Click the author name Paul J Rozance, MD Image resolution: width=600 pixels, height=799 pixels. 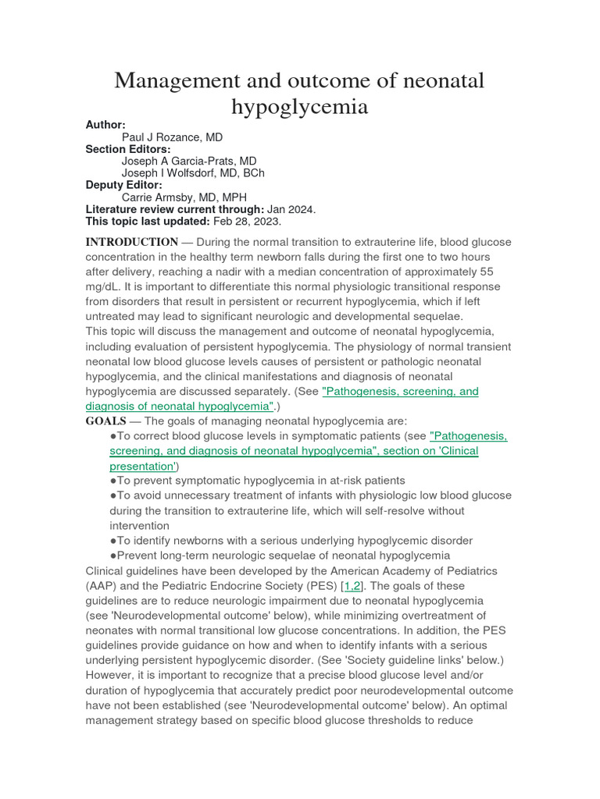click(172, 137)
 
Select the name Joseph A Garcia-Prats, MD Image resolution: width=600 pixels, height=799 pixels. click(189, 162)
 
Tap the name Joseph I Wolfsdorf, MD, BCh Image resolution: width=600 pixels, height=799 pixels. click(193, 173)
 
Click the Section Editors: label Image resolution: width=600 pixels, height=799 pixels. click(127, 149)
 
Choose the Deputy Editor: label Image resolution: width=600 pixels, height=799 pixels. click(123, 185)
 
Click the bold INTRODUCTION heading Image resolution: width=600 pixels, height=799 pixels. click(131, 242)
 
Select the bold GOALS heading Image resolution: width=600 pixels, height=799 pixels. click(105, 421)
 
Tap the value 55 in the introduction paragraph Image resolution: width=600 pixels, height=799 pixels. click(486, 272)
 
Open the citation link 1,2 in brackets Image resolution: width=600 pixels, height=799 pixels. click(353, 586)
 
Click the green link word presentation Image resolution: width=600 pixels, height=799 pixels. click(142, 466)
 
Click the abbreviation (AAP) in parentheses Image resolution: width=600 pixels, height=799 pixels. click(102, 586)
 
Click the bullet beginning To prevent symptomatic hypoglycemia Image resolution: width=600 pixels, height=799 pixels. click(258, 481)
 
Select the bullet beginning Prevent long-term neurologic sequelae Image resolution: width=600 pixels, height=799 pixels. click(280, 556)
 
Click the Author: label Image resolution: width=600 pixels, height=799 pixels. click(105, 125)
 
